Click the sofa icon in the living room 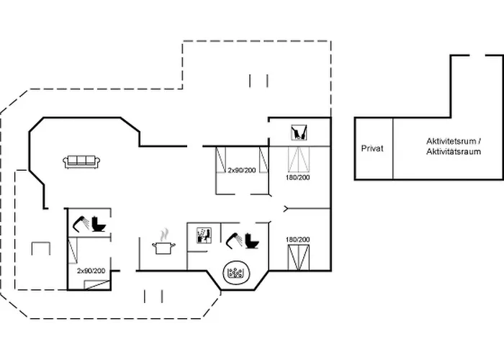pyautogui.click(x=81, y=162)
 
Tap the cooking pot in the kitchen pyautogui.click(x=165, y=248)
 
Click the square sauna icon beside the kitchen pyautogui.click(x=204, y=235)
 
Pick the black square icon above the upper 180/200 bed pyautogui.click(x=298, y=133)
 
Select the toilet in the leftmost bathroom pyautogui.click(x=99, y=225)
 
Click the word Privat pyautogui.click(x=372, y=148)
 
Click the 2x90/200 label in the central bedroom pyautogui.click(x=241, y=170)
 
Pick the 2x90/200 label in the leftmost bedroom pyautogui.click(x=91, y=270)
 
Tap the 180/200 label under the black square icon pyautogui.click(x=297, y=177)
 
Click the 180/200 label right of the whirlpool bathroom pyautogui.click(x=297, y=239)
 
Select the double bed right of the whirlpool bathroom pyautogui.click(x=297, y=256)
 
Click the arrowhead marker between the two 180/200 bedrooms pyautogui.click(x=287, y=210)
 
